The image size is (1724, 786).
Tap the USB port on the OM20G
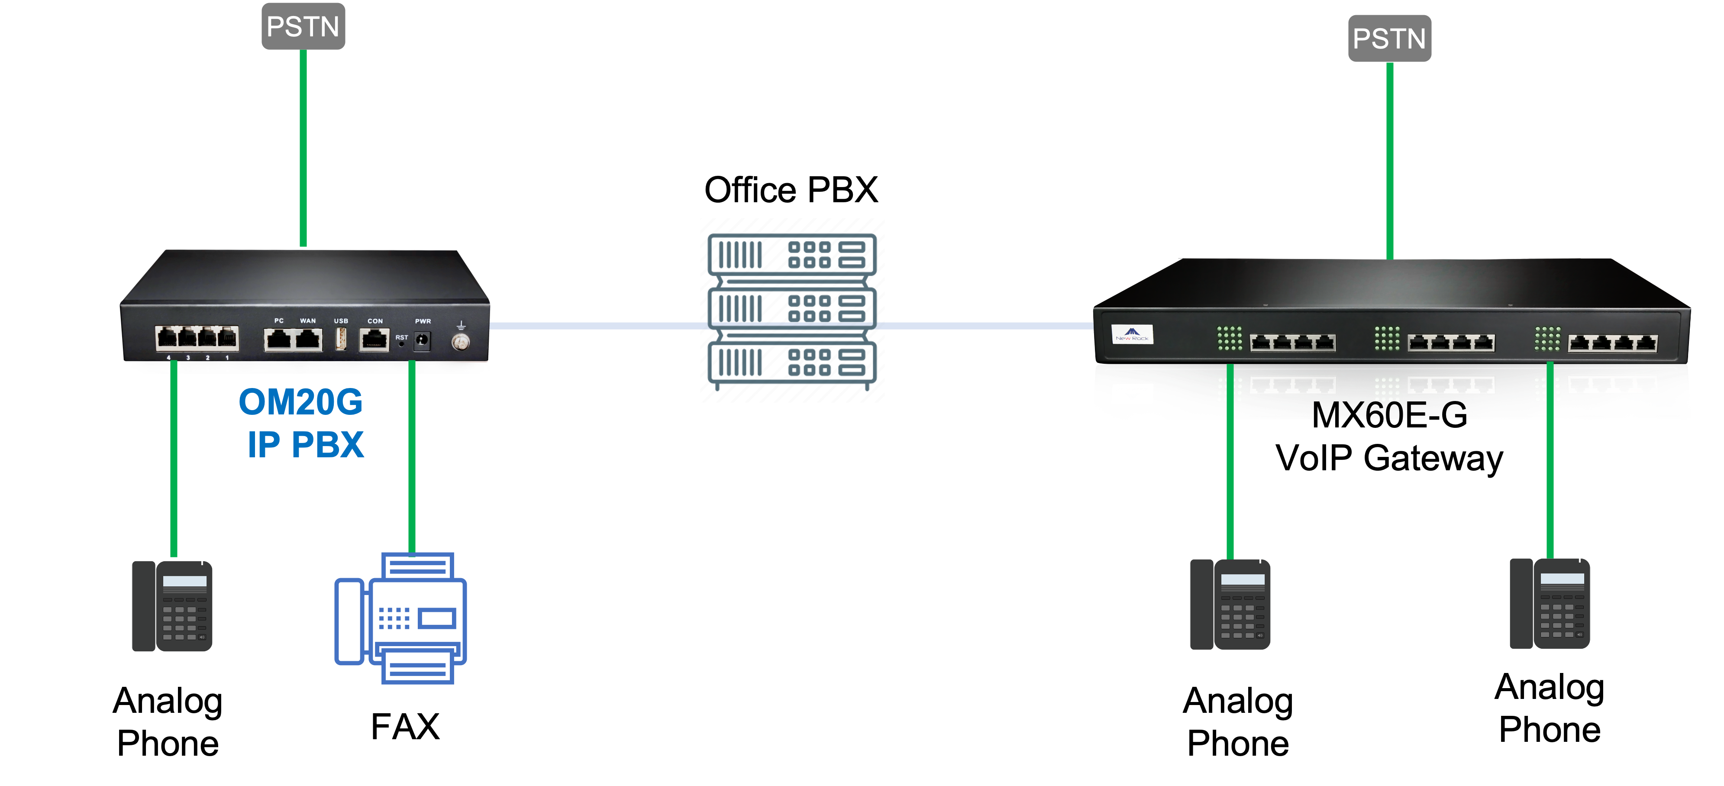(341, 340)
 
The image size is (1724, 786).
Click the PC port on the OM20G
(278, 340)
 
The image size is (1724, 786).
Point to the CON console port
(374, 340)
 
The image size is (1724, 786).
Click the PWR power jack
(422, 341)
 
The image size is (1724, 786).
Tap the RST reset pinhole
(401, 344)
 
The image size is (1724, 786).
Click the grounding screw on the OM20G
(461, 342)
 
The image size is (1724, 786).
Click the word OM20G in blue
(300, 402)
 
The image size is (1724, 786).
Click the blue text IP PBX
(306, 445)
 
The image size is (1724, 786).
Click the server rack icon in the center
(792, 310)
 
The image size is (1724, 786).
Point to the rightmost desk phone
(1550, 605)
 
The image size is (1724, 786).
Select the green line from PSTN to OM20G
(303, 147)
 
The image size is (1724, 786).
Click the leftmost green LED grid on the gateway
(1230, 339)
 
